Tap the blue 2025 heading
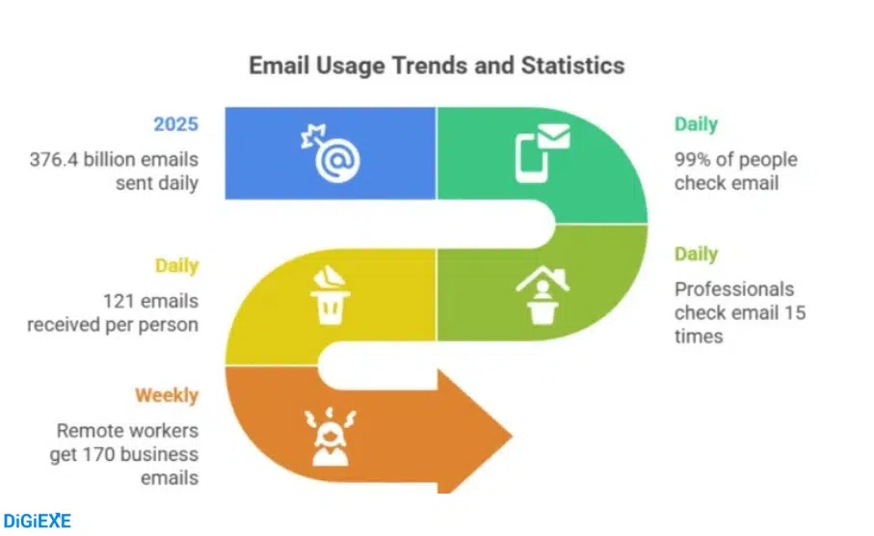click(x=175, y=124)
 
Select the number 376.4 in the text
click(x=60, y=159)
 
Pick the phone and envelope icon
click(x=542, y=152)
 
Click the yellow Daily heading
click(x=176, y=265)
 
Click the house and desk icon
click(x=542, y=292)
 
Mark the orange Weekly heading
click(x=167, y=395)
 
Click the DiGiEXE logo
click(x=37, y=521)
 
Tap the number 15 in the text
click(x=794, y=312)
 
